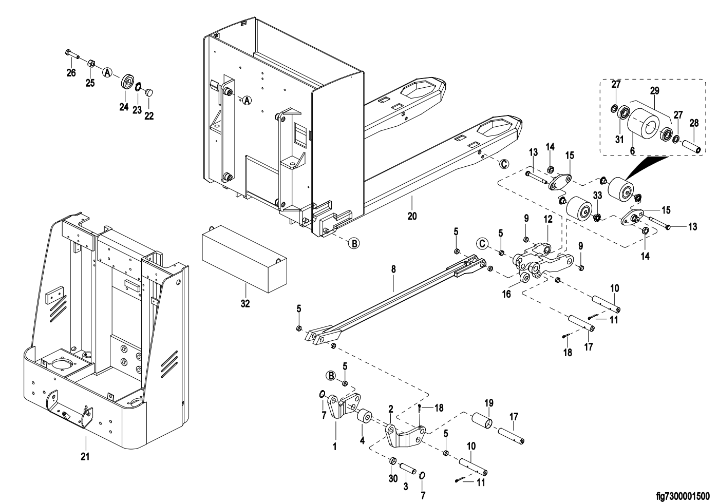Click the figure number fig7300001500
tap(683, 496)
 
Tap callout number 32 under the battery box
tap(245, 303)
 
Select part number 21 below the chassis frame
tap(85, 455)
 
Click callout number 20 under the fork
tap(412, 216)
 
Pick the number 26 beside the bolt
tap(71, 73)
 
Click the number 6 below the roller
tap(632, 150)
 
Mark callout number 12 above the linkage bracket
tap(548, 219)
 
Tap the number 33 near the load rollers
tap(597, 196)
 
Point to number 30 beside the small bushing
tap(393, 478)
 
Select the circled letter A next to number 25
tap(107, 72)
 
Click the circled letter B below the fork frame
tap(354, 243)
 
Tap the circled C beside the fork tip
tap(504, 164)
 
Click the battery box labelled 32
tap(241, 259)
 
